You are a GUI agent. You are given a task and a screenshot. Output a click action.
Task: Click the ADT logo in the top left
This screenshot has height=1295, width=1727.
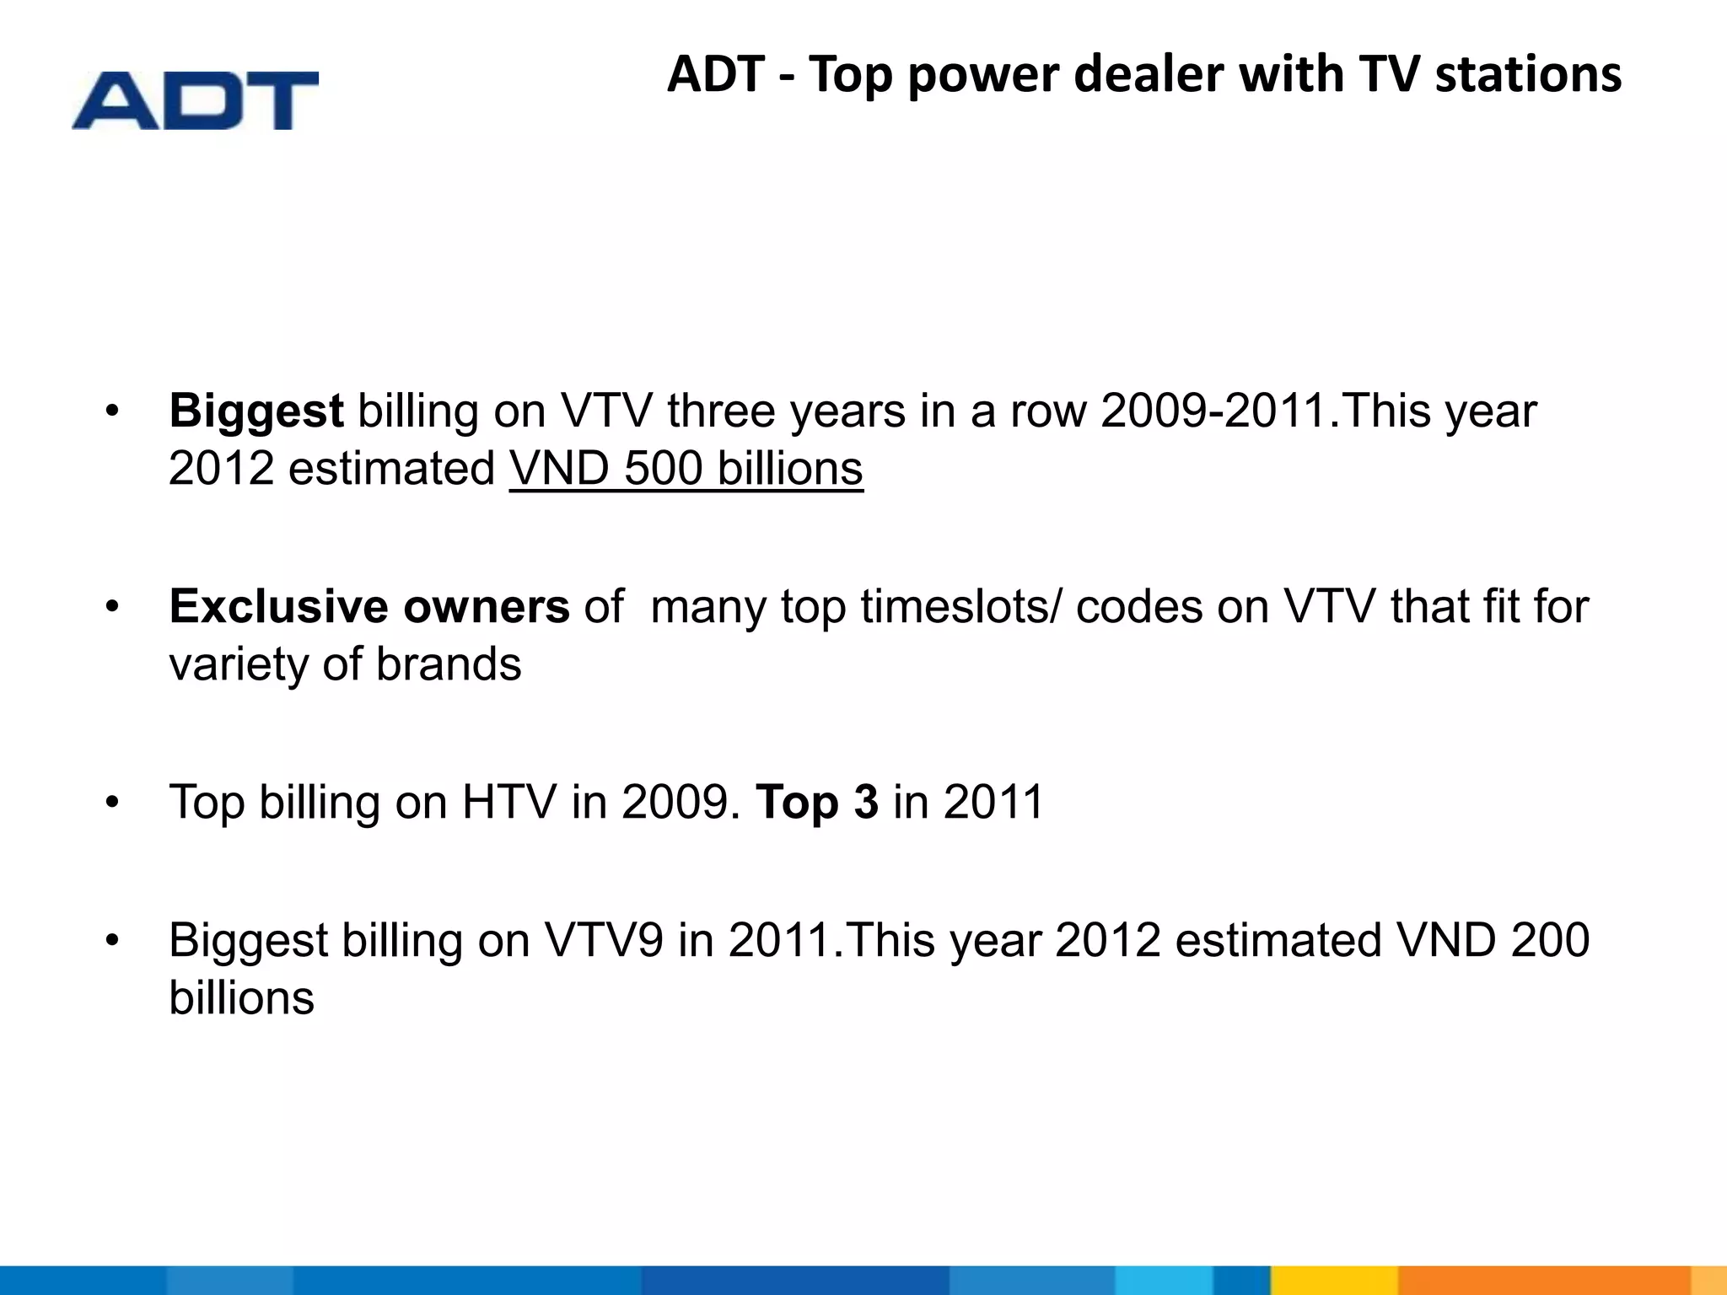[x=195, y=100]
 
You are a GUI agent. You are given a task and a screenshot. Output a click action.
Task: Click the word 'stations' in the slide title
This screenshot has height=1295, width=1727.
[x=1527, y=74]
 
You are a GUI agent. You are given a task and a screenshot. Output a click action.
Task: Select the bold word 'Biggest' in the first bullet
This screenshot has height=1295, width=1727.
[x=256, y=412]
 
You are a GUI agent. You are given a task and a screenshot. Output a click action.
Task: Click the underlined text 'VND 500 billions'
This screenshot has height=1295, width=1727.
[x=686, y=469]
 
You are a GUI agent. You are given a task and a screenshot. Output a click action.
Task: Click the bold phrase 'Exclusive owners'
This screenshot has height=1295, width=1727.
[x=369, y=606]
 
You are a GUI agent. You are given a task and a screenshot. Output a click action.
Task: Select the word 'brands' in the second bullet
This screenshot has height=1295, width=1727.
[x=448, y=664]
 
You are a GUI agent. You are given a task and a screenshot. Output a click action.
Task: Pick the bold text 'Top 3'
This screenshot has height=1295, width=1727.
[x=816, y=802]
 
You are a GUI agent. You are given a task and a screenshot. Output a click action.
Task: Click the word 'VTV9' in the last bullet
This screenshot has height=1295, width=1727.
[x=604, y=940]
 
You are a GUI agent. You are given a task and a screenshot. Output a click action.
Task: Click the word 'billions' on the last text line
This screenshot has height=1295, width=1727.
[x=241, y=998]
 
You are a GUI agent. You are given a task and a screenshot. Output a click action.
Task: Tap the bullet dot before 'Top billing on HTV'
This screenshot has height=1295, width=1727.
[x=113, y=802]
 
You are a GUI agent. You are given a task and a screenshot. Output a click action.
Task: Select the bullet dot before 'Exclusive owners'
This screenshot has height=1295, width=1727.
[x=113, y=606]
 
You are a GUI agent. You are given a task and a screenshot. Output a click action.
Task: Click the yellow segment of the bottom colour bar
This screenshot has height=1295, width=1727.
[x=1333, y=1280]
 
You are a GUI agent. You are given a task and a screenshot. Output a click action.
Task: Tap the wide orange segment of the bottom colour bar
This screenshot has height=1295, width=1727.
[x=1543, y=1280]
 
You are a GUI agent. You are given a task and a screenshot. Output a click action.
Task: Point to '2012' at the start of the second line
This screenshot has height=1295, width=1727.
[x=221, y=469]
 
